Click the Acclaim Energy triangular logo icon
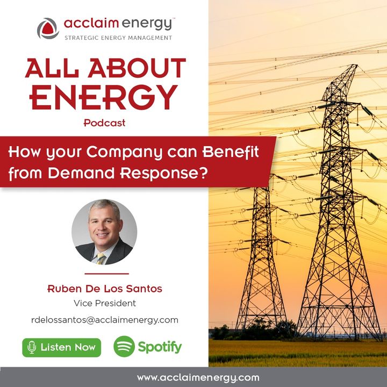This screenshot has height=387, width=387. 48,28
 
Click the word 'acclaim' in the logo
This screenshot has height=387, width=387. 91,24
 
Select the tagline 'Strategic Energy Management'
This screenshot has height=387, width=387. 118,38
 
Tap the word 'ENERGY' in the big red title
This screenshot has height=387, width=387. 104,97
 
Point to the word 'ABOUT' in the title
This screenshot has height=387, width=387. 137,68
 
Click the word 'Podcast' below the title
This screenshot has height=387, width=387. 105,123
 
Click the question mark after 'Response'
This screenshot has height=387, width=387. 203,173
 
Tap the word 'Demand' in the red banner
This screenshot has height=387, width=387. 82,173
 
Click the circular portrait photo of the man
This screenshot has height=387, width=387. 104,232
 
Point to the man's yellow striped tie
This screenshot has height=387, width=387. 101,259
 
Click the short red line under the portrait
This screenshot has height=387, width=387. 106,274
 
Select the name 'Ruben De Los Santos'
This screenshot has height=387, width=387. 105,289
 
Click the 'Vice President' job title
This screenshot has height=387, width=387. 105,303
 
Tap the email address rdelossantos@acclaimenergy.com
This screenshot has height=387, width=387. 105,320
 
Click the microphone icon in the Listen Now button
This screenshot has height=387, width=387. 32,348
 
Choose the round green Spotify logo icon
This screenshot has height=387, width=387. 124,346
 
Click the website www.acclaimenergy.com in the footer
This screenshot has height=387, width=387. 198,378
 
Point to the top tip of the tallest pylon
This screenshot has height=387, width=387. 356,65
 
